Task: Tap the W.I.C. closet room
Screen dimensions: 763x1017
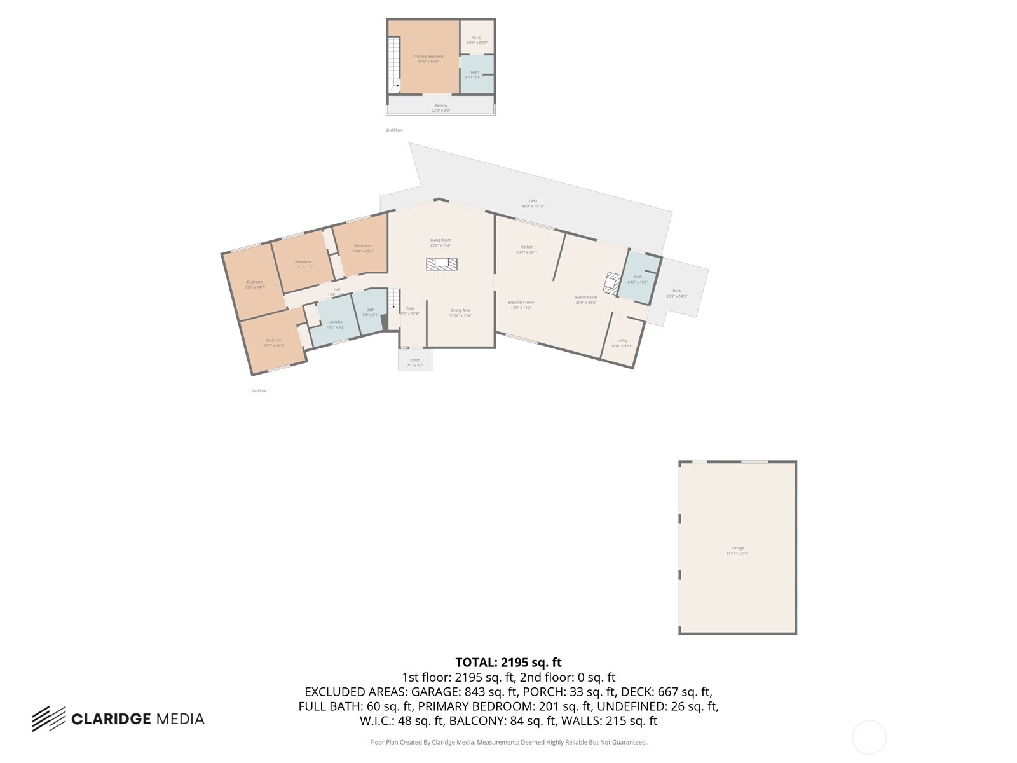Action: [x=477, y=39]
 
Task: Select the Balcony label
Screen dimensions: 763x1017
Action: [x=440, y=107]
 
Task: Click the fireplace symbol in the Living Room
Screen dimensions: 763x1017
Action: [x=442, y=264]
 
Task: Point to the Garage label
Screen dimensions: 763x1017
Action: [x=737, y=550]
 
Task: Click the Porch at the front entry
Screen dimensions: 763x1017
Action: [x=415, y=362]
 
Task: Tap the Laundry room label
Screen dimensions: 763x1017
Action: [x=335, y=324]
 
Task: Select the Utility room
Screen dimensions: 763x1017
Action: [x=622, y=343]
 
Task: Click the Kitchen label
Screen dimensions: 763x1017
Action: [x=527, y=249]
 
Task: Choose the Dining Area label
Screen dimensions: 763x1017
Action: [x=460, y=312]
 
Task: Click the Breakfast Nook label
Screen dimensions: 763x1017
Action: [x=521, y=305]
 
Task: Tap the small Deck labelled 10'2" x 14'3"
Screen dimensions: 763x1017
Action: [x=677, y=293]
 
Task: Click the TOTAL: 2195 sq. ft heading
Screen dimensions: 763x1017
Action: [x=508, y=663]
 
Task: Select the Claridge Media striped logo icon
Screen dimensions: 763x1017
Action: [x=49, y=718]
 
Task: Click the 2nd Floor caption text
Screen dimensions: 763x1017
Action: [x=394, y=130]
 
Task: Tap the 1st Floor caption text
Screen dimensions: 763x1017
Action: [x=259, y=390]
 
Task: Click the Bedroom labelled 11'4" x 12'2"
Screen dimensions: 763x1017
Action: [x=363, y=248]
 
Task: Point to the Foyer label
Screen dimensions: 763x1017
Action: [x=410, y=310]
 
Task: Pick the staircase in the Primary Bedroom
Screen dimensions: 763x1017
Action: [x=394, y=64]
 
